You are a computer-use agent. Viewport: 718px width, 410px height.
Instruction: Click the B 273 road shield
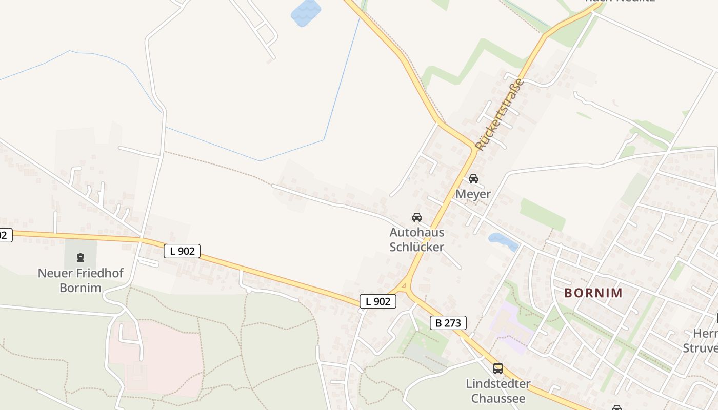[x=448, y=323]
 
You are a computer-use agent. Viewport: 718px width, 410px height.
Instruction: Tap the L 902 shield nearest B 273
[x=378, y=301]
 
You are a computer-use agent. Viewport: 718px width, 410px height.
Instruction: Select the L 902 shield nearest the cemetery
[x=182, y=251]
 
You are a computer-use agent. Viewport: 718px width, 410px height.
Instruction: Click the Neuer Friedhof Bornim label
[x=81, y=280]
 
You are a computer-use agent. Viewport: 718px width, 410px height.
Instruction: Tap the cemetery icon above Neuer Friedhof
[x=80, y=257]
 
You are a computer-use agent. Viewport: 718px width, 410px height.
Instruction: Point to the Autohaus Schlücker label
[x=416, y=239]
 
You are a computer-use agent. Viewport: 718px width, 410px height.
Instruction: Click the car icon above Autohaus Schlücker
[x=417, y=217]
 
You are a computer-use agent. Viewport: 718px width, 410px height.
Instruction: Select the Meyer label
[x=473, y=194]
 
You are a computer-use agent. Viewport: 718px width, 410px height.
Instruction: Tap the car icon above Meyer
[x=473, y=179]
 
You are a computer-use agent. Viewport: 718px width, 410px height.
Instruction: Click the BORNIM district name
[x=593, y=293]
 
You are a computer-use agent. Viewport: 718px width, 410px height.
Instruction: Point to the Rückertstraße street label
[x=500, y=114]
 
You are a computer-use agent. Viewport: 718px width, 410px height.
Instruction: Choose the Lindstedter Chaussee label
[x=497, y=391]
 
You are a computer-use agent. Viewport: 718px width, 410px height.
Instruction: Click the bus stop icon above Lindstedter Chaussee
[x=497, y=368]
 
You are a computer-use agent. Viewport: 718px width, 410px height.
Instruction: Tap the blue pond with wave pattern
[x=306, y=13]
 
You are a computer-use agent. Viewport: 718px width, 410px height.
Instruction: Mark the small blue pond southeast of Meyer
[x=503, y=241]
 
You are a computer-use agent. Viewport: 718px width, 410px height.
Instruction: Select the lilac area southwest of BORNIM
[x=510, y=328]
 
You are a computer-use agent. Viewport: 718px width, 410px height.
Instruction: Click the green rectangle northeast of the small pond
[x=542, y=214]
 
